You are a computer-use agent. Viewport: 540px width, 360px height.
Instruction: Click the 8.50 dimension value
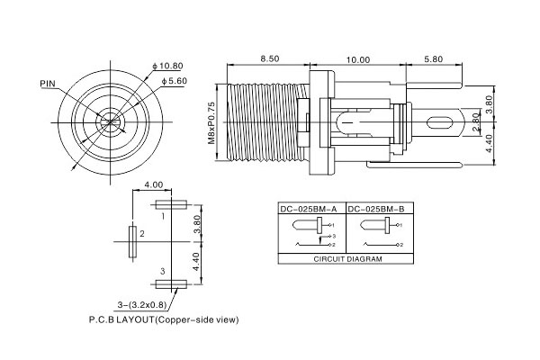pyautogui.click(x=267, y=59)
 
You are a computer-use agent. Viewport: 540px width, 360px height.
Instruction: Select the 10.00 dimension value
pyautogui.click(x=357, y=59)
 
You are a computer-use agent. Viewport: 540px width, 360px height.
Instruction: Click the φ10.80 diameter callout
pyautogui.click(x=168, y=67)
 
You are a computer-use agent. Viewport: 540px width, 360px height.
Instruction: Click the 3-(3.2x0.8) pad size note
pyautogui.click(x=145, y=304)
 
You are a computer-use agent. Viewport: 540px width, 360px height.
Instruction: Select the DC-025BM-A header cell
pyautogui.click(x=309, y=209)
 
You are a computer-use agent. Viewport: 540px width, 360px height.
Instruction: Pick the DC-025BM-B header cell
pyautogui.click(x=379, y=209)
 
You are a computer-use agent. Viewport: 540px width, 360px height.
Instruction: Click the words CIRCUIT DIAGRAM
pyautogui.click(x=346, y=258)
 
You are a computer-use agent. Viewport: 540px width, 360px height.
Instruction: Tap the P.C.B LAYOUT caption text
pyautogui.click(x=164, y=319)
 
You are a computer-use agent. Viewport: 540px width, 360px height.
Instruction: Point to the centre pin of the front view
pyautogui.click(x=110, y=121)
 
